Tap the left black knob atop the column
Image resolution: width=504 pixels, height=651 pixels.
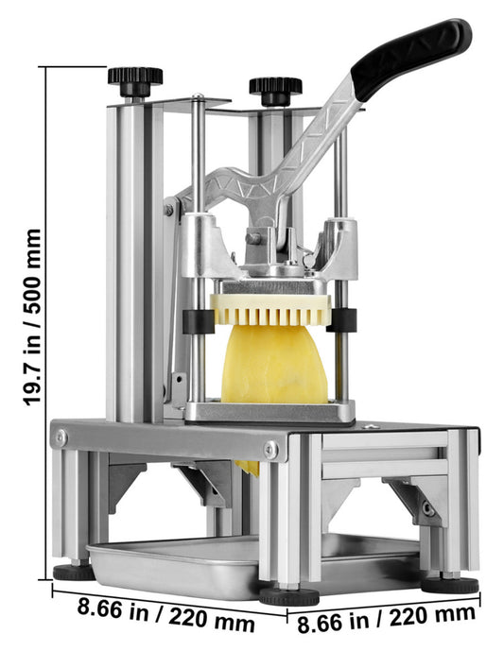point(135,82)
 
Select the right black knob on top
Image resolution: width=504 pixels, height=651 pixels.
point(275,91)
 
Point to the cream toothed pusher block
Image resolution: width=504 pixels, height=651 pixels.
point(270,309)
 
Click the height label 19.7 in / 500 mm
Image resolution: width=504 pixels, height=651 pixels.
point(32,317)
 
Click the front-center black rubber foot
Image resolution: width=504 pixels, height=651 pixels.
point(288,596)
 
